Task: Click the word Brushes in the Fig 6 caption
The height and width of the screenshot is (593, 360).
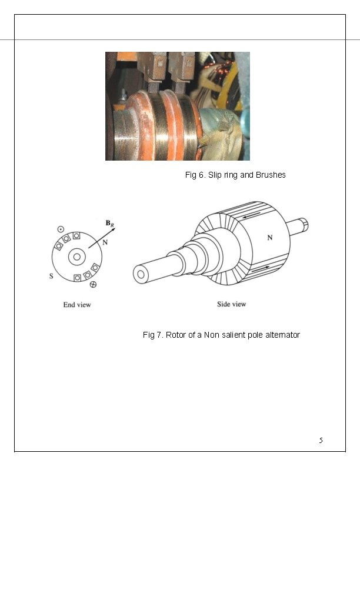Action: [271, 175]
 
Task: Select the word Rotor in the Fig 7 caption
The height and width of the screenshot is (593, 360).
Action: [176, 335]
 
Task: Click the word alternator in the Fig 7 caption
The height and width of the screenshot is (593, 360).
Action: [281, 335]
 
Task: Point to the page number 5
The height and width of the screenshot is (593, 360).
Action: [321, 440]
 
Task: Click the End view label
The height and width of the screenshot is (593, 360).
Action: [77, 305]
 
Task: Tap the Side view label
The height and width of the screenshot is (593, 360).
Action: [232, 304]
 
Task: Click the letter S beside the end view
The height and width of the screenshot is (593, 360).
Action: [51, 278]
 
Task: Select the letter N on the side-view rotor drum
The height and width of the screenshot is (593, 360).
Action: [270, 238]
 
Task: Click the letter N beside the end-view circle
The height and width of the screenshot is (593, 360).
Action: [105, 242]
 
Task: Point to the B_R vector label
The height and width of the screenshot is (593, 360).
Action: [109, 223]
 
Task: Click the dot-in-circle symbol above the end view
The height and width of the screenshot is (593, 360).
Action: [61, 228]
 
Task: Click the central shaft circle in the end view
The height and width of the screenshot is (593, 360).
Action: [76, 256]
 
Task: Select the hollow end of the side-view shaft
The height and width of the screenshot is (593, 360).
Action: [141, 274]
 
